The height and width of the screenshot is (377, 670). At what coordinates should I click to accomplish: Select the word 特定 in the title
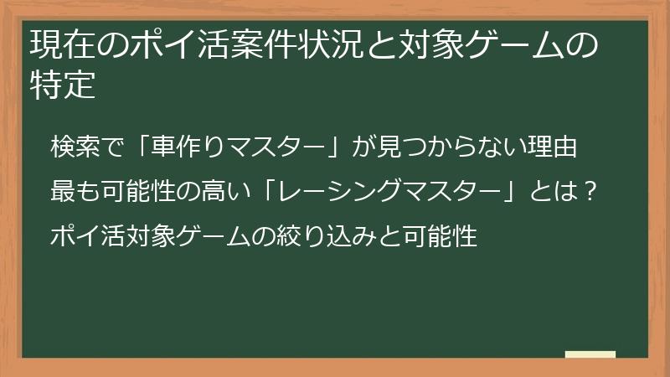pyautogui.click(x=64, y=86)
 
